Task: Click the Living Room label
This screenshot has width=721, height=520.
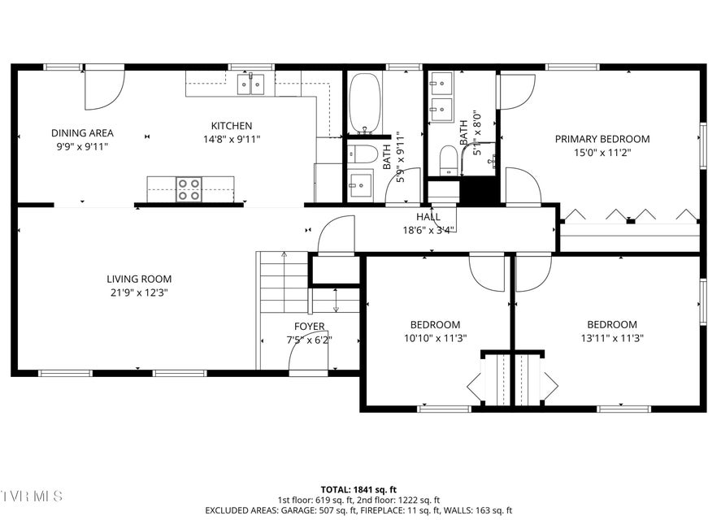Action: [139, 279]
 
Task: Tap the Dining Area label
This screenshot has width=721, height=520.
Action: [82, 133]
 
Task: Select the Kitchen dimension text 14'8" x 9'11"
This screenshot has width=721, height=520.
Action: [232, 139]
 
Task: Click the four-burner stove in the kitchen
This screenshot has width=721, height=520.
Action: [189, 189]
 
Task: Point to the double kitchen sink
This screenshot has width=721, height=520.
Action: [250, 84]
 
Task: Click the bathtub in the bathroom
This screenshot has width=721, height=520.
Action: [365, 102]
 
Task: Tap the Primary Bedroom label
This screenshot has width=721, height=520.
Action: [602, 139]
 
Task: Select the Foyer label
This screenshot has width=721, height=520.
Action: [310, 327]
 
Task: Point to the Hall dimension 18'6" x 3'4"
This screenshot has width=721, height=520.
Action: [429, 231]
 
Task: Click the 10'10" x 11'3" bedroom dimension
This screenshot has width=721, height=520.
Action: [436, 339]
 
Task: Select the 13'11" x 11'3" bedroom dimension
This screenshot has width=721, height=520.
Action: [612, 339]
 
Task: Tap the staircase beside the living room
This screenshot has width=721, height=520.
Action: [284, 282]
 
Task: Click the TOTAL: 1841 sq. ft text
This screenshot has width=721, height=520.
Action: [358, 490]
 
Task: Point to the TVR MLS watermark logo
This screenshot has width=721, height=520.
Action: [31, 496]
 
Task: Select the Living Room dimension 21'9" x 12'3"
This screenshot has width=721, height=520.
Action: [139, 292]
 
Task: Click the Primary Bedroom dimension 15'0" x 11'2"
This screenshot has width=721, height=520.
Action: [602, 153]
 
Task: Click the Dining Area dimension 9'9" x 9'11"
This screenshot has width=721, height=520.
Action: [82, 147]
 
